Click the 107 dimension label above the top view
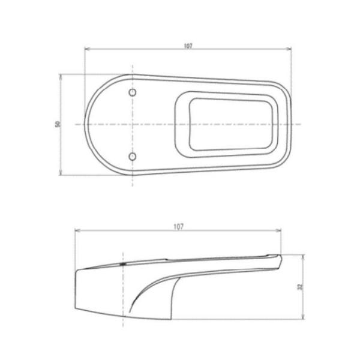point(189,46)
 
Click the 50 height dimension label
point(58,124)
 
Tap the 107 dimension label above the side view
point(178,226)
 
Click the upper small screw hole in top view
point(133,93)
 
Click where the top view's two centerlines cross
point(133,124)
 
